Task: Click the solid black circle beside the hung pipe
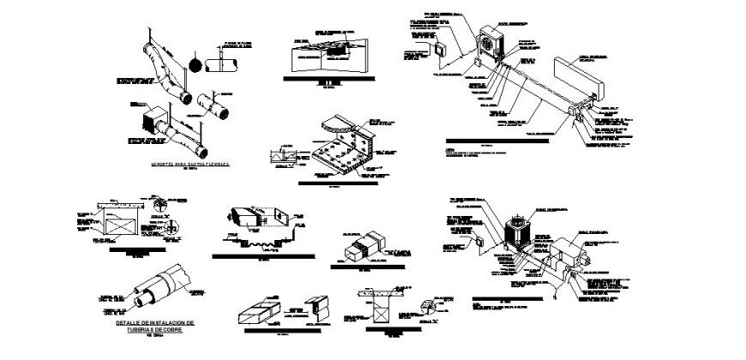pyautogui.click(x=195, y=63)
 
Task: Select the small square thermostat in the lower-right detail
pyautogui.click(x=479, y=243)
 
